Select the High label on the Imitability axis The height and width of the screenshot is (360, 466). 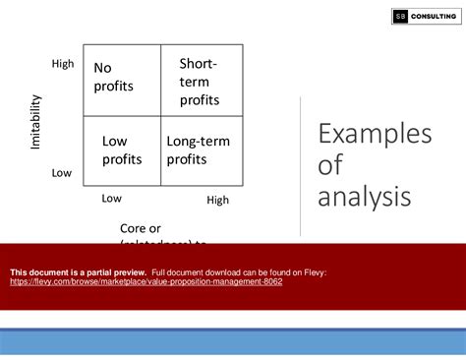coord(62,64)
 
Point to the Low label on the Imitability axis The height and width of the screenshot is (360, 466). coord(62,173)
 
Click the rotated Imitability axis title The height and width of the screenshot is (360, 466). coord(36,121)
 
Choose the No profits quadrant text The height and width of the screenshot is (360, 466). coord(114,77)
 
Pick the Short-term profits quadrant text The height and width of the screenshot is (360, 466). coord(200,82)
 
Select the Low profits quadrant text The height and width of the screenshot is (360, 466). coord(122,150)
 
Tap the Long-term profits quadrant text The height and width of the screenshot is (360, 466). coord(200,150)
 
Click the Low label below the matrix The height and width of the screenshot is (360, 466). coord(112,198)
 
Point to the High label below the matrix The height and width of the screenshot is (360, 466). coord(217,200)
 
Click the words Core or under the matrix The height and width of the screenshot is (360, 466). coord(141,228)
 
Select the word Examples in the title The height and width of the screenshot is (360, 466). coord(375,135)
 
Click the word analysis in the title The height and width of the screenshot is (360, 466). coord(364,197)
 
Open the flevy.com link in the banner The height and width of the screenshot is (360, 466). coord(146,281)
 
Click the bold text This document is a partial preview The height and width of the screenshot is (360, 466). coord(78,271)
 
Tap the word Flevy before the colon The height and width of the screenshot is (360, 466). coord(313,271)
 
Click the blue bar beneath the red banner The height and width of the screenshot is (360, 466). coord(233,319)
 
